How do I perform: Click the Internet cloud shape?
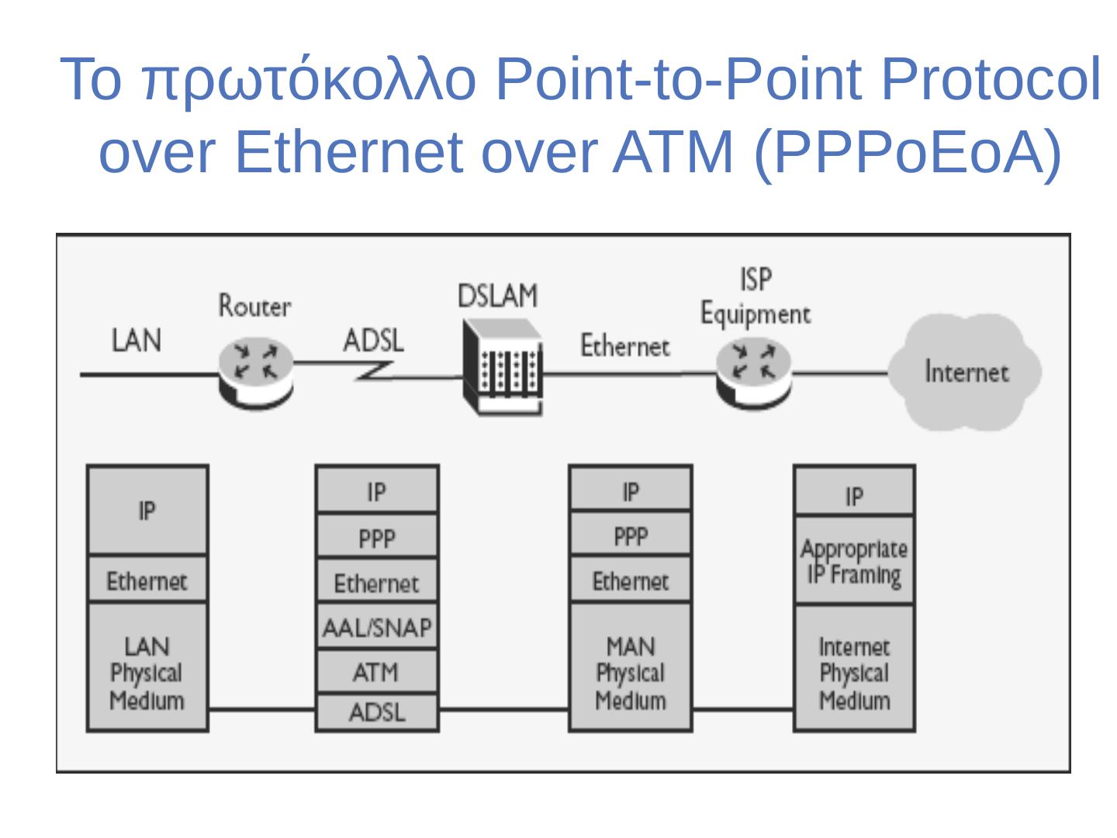point(964,372)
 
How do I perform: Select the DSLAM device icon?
point(503,368)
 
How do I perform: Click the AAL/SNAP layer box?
point(377,627)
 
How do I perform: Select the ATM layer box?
point(377,672)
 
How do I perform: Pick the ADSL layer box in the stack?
point(377,712)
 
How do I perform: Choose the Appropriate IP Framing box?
point(854,561)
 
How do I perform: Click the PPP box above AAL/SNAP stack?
point(377,537)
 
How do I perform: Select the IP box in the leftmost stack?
point(147,511)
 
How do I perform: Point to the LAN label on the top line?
point(137,341)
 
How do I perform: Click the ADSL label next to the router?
point(373,341)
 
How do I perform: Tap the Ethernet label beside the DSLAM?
point(624,346)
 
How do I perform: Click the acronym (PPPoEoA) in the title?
point(908,151)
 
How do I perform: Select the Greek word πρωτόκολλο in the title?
point(309,80)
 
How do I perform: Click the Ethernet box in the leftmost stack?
point(147,580)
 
